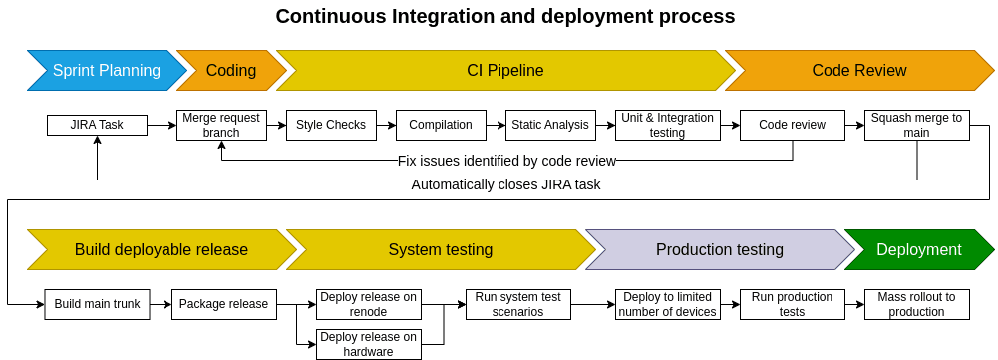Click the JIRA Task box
(97, 125)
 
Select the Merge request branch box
(220, 125)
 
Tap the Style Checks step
(331, 125)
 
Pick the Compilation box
(441, 125)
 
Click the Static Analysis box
(550, 125)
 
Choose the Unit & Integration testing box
(667, 125)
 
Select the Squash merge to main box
(916, 125)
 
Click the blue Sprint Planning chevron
(106, 71)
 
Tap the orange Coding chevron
(231, 71)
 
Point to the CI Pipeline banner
(504, 71)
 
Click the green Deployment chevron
(918, 250)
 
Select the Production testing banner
(719, 250)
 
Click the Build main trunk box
(97, 304)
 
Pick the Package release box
(223, 304)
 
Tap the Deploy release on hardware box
(369, 344)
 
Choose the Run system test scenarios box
(517, 304)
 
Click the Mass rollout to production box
(916, 304)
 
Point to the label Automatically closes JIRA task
(505, 184)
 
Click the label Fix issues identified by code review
(506, 160)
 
